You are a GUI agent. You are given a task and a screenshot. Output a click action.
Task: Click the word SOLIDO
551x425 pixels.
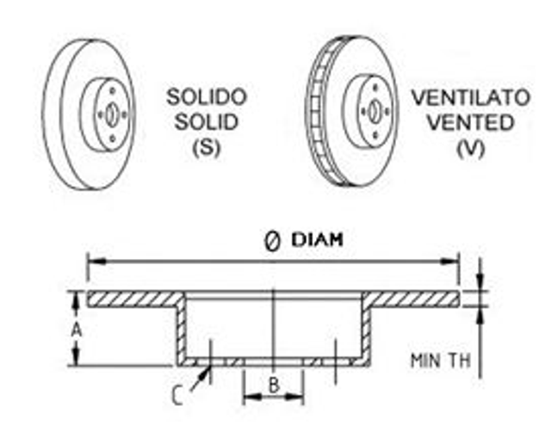(206, 96)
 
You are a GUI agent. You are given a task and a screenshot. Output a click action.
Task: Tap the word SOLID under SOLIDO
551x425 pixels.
(206, 121)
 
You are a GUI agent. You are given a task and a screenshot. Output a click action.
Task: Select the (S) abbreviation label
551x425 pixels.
(206, 146)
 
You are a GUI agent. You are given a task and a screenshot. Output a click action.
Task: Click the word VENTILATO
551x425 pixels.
(469, 96)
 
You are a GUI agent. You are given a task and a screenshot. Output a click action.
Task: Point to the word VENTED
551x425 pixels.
(469, 121)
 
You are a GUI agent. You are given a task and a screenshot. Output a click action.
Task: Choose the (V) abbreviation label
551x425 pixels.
(470, 146)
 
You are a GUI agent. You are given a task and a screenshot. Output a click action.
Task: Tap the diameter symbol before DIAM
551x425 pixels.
(269, 241)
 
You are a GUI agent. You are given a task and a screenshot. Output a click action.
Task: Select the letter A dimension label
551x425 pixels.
(76, 329)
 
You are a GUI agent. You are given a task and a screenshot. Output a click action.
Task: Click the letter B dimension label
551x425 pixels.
(273, 385)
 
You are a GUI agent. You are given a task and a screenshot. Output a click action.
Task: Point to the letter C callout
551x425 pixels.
(176, 396)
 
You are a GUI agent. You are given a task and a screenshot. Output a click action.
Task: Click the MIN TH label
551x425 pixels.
(439, 360)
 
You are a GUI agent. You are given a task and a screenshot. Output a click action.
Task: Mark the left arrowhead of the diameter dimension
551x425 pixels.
(90, 261)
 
